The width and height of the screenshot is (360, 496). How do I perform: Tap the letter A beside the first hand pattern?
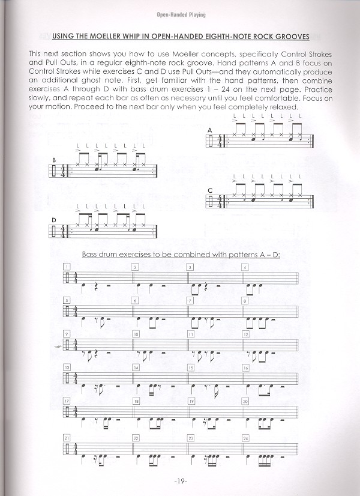[210, 130]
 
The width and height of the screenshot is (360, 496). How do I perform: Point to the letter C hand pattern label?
[210, 190]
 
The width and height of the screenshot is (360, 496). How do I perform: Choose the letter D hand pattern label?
[54, 219]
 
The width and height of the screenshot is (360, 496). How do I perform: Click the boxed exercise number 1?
[68, 267]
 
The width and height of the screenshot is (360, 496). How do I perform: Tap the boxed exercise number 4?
[245, 267]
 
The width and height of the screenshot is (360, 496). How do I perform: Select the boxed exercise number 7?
[190, 300]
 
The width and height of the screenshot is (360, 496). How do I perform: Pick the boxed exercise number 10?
[136, 333]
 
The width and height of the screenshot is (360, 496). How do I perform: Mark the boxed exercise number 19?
[190, 401]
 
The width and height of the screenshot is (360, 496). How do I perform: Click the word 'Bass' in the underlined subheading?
[91, 254]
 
